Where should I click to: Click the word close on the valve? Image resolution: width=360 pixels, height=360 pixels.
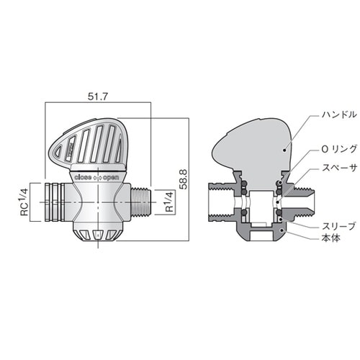pos(83,174)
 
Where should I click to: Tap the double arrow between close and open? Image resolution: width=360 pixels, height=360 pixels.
pos(99,175)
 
